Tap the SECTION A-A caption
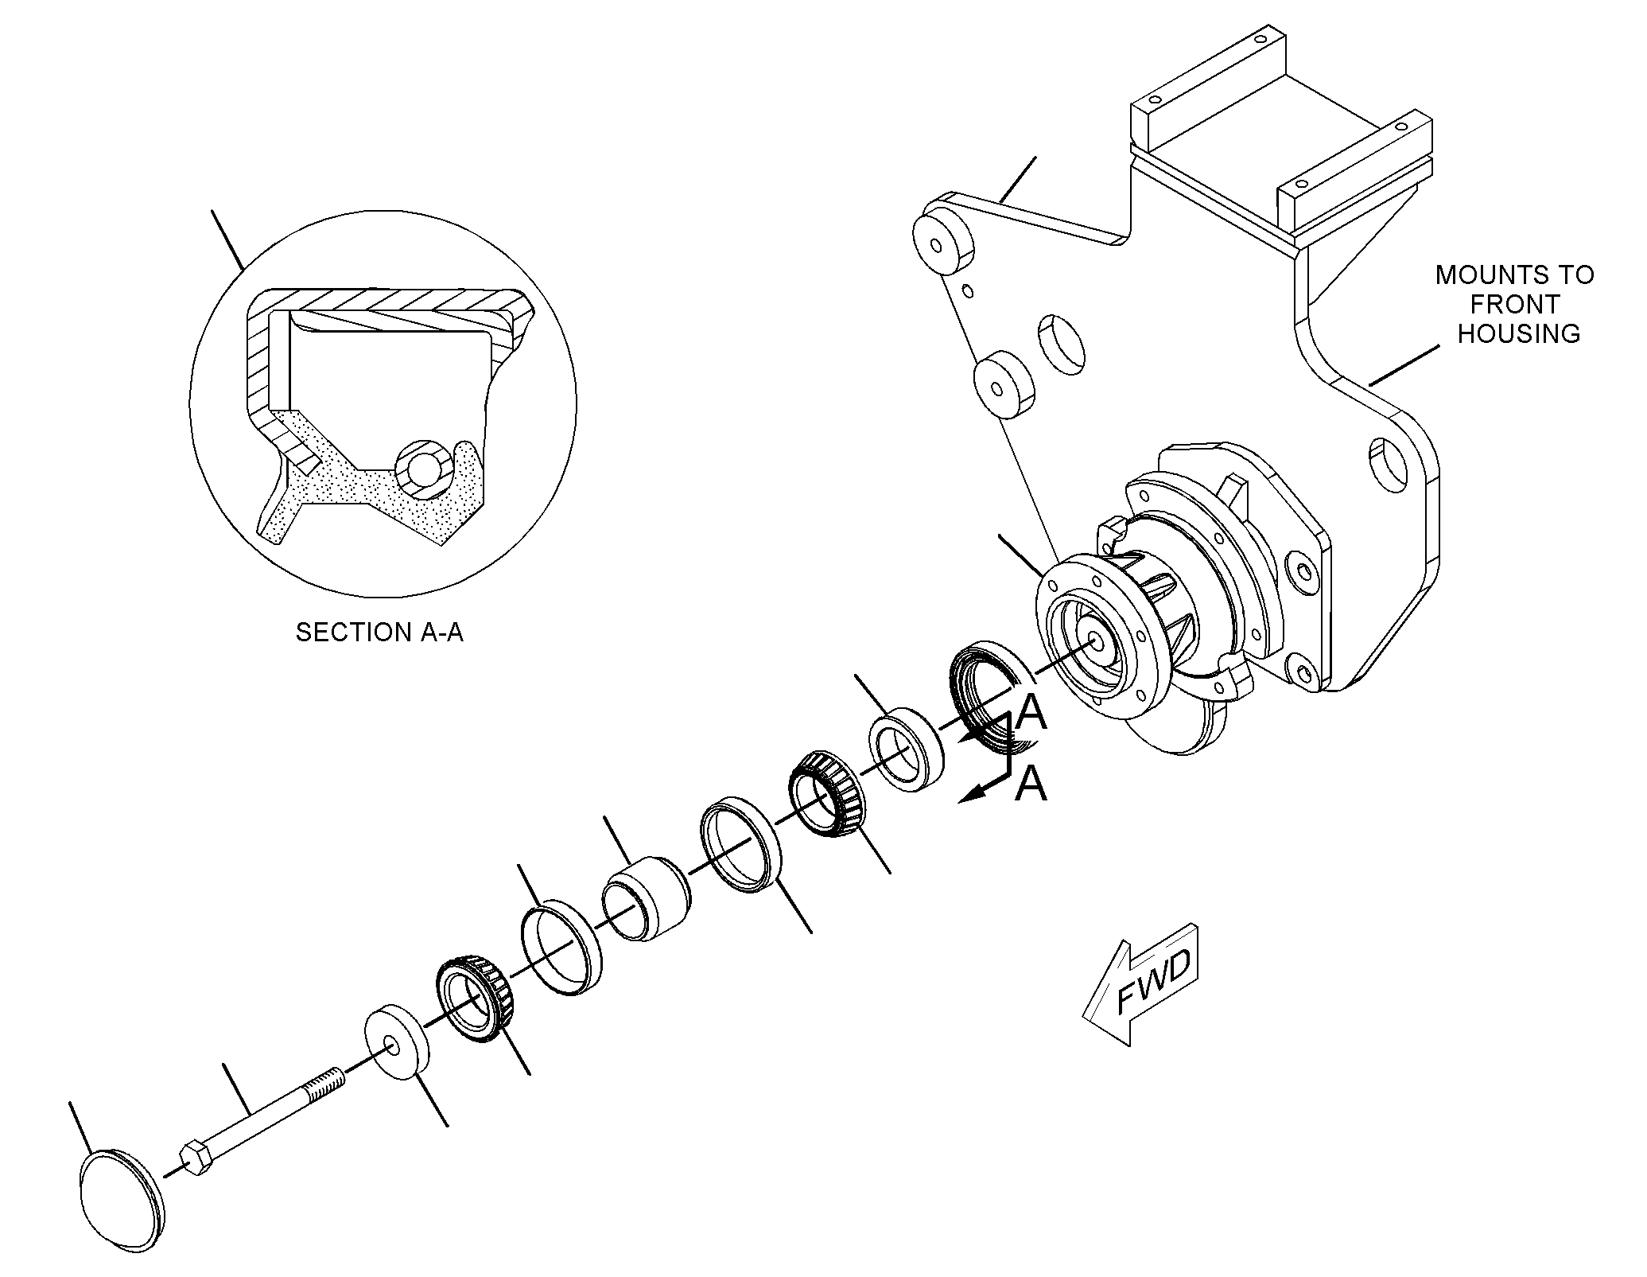[379, 633]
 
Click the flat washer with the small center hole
[395, 1042]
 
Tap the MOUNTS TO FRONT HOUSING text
[1515, 304]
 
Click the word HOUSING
[1518, 333]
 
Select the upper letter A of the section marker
[1032, 712]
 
